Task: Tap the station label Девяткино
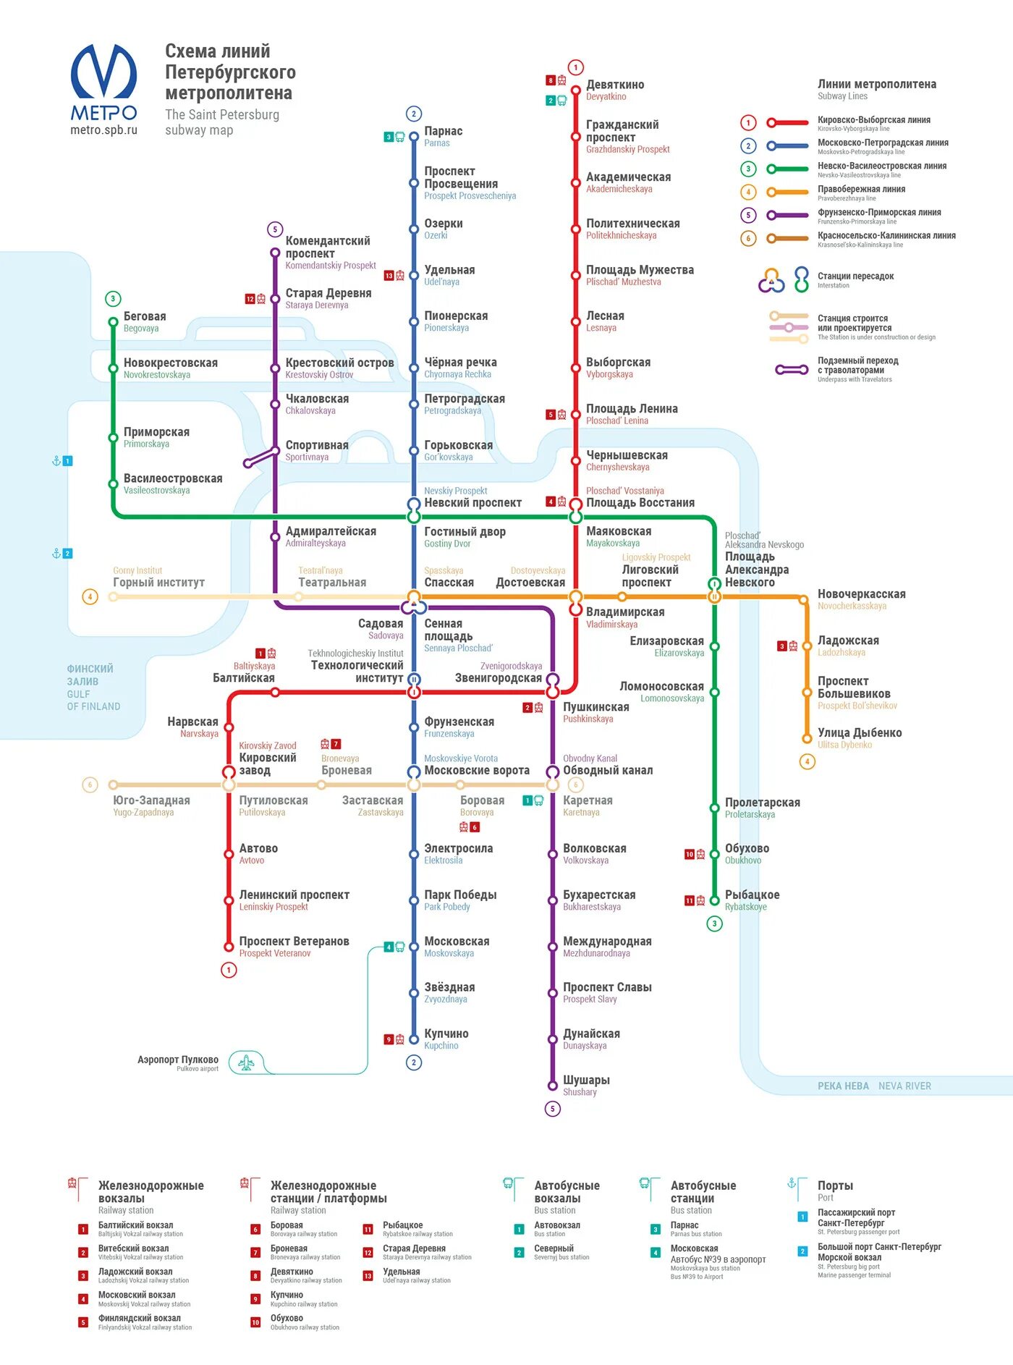[614, 85]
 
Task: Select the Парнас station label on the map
[443, 132]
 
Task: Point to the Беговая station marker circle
[113, 322]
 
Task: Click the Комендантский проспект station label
[327, 247]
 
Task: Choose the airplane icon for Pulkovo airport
[246, 1062]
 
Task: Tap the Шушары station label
[586, 1080]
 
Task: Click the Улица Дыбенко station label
[859, 733]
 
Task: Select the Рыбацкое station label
[752, 895]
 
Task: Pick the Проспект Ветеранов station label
[294, 942]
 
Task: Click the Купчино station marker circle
[414, 1039]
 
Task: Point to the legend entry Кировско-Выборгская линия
[873, 120]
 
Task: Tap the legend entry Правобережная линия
[861, 190]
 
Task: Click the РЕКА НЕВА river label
[842, 1086]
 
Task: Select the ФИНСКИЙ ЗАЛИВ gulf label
[90, 675]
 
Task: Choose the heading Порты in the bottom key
[835, 1186]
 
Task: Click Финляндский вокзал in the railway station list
[139, 1319]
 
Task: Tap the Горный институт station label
[158, 583]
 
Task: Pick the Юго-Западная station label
[151, 800]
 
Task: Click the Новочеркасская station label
[861, 594]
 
